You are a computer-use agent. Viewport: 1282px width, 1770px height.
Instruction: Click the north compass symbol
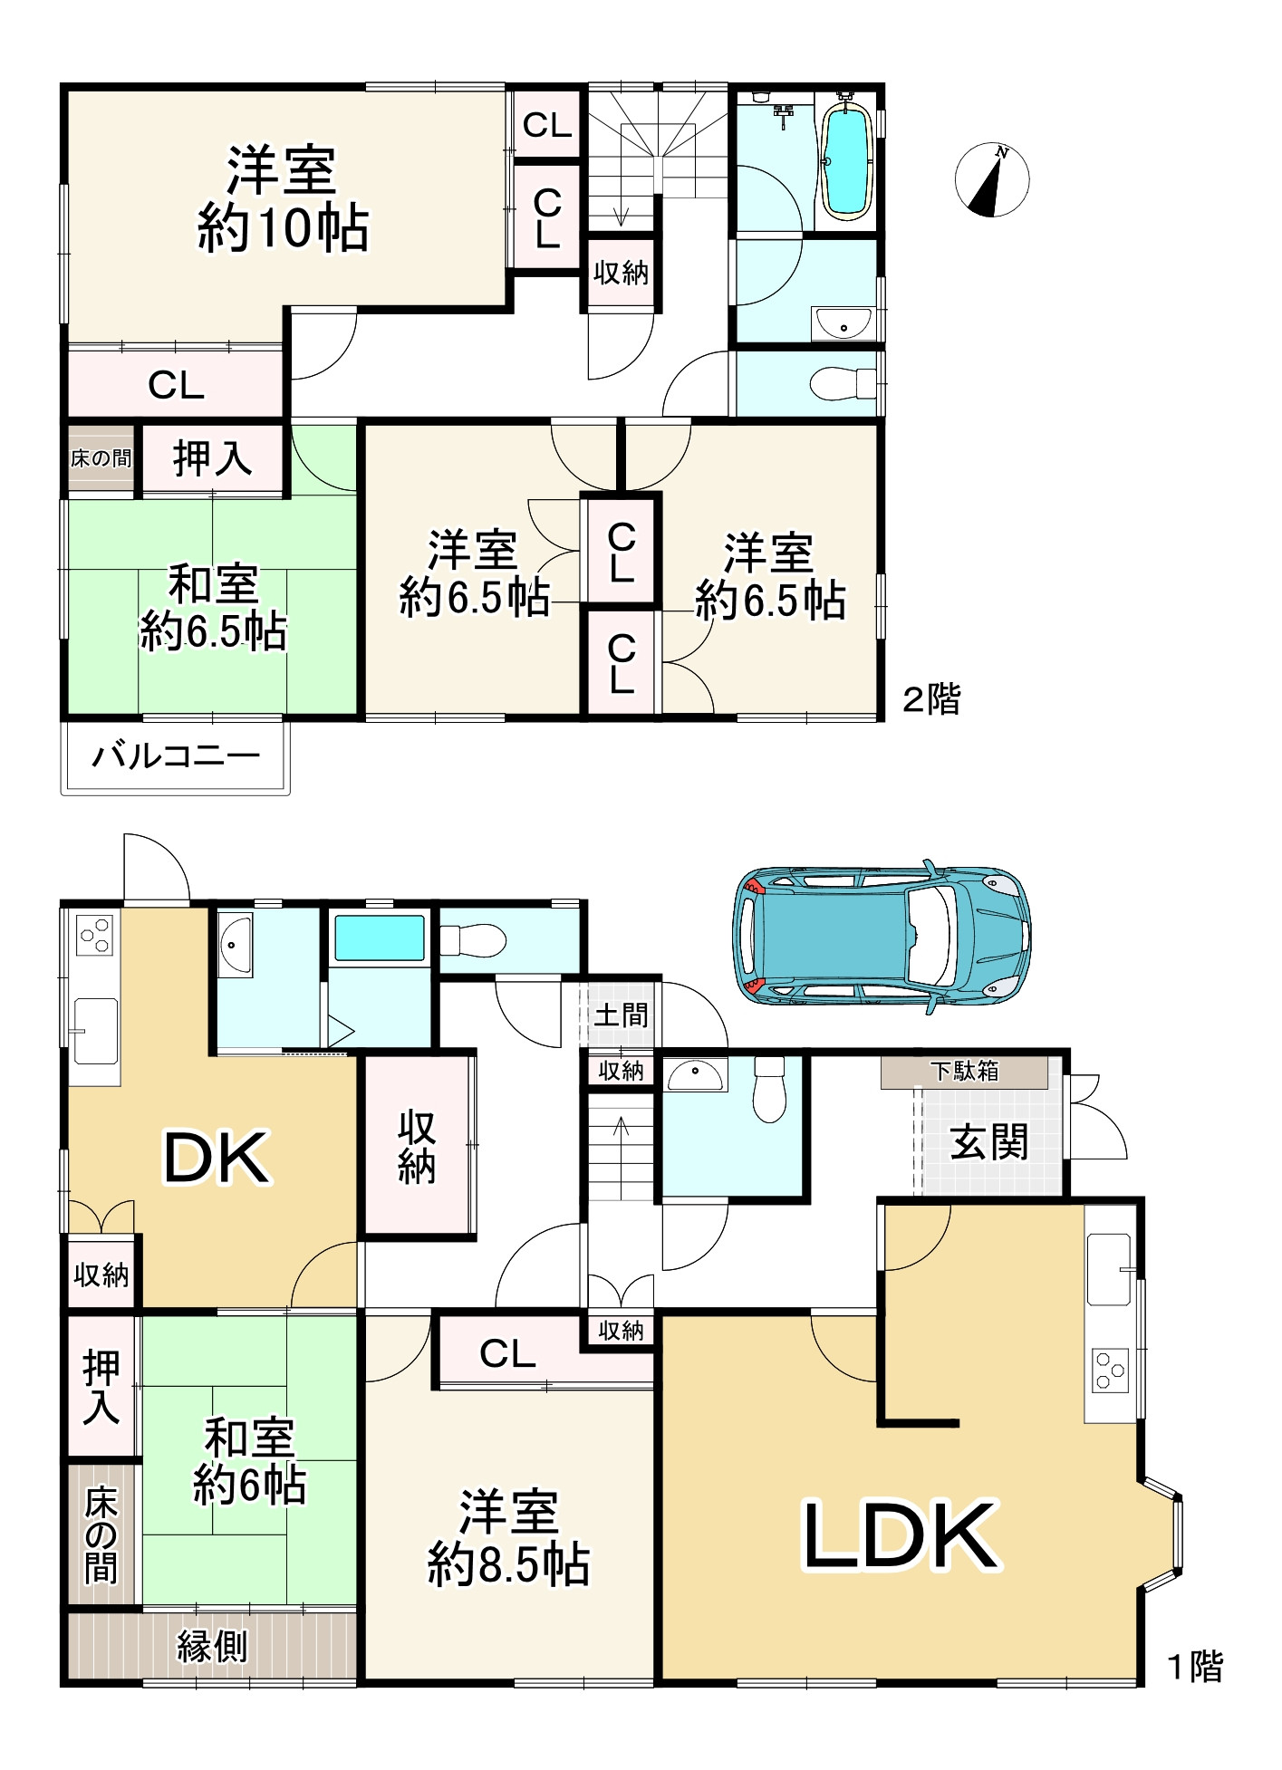click(992, 179)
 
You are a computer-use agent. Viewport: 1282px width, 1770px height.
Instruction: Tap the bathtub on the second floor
click(846, 160)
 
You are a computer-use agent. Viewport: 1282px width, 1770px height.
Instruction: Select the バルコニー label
click(176, 755)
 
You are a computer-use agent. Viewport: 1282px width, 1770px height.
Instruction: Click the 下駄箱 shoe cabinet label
click(964, 1072)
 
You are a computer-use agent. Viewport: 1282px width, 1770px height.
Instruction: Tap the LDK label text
click(901, 1535)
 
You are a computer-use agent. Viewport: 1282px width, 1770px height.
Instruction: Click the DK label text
click(216, 1158)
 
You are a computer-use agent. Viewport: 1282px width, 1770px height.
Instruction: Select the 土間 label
click(621, 1015)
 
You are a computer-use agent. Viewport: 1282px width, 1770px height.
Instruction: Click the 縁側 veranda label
click(212, 1646)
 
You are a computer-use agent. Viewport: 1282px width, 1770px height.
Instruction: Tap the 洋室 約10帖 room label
click(283, 199)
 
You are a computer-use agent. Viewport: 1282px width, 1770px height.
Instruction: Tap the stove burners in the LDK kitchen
click(1110, 1369)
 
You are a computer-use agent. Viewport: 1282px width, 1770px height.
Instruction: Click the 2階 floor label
click(931, 698)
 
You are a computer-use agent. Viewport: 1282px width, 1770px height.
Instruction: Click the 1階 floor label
click(1194, 1667)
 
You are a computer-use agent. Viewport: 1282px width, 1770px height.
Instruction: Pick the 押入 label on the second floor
click(212, 458)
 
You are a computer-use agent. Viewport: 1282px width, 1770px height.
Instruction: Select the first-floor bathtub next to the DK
click(380, 938)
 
